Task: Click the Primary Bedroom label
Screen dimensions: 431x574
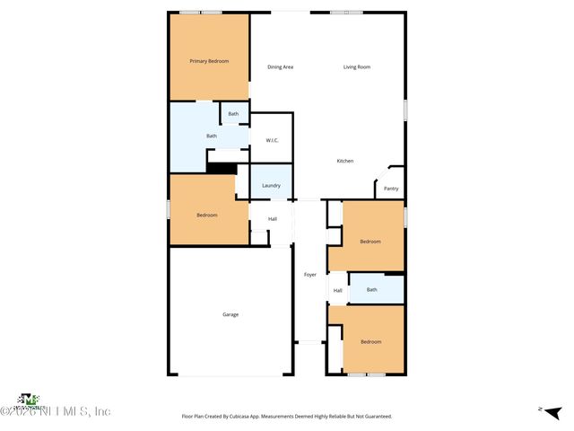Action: coord(209,61)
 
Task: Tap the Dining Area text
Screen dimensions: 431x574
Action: coord(281,67)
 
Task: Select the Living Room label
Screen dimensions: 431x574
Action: coord(357,67)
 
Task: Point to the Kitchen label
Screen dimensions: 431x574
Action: coord(345,161)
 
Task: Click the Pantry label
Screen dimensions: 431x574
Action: coord(391,189)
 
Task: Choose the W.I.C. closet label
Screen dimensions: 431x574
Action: coord(272,141)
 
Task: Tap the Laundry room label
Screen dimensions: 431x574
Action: coord(271,186)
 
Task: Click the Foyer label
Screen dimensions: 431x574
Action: coord(310,274)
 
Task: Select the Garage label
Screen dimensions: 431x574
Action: coord(230,314)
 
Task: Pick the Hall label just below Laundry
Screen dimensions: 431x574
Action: coord(272,219)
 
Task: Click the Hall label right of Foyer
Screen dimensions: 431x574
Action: coord(338,290)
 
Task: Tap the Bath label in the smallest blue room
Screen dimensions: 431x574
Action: coord(233,114)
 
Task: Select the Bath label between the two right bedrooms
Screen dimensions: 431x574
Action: coord(372,289)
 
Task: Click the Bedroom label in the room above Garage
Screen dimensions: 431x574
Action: coord(207,215)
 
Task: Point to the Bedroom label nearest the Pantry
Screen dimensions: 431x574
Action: coord(370,242)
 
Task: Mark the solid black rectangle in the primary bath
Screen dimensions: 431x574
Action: coord(221,167)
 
